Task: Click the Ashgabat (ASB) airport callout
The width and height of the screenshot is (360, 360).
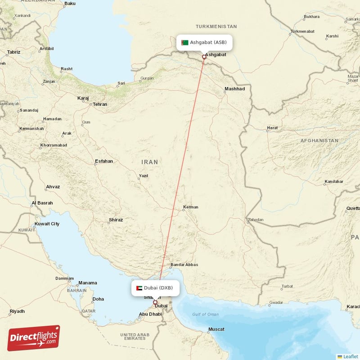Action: coord(205,43)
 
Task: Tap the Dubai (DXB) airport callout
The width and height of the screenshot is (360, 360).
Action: coord(155,288)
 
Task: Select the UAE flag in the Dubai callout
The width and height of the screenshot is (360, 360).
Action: coord(139,288)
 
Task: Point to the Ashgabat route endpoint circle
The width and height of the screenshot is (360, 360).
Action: coord(204,57)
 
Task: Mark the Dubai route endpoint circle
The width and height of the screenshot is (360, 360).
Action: coord(156,303)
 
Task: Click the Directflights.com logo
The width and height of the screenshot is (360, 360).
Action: coord(34,338)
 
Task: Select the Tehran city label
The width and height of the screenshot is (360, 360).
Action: coord(99,104)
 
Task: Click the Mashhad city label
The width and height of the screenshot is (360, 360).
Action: coord(235,89)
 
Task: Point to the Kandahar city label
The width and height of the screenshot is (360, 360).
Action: coord(333,182)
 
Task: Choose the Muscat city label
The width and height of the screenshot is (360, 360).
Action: coord(216,329)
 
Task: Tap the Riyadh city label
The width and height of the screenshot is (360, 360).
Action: coord(17,311)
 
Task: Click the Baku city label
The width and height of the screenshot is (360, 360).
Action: coord(70,4)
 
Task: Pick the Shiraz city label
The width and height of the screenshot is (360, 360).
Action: coord(116,220)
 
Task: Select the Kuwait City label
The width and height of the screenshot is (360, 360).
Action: coord(47,224)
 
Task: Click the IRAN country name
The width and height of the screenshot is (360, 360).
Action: coord(150,162)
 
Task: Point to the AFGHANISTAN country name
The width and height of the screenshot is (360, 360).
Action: coord(319,141)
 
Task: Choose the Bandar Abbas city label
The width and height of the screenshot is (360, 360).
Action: coord(184,265)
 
